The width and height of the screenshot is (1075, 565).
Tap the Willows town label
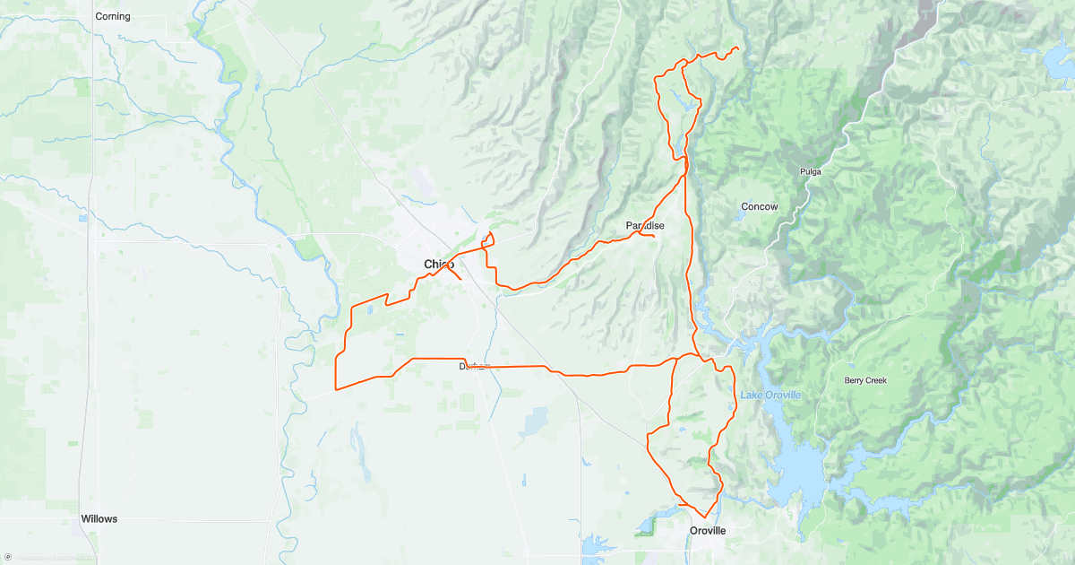point(99,518)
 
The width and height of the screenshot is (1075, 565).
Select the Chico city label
point(438,264)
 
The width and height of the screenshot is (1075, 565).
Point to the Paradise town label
point(644,225)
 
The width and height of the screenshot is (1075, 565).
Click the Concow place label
point(759,206)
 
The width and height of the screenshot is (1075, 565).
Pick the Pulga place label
point(810,170)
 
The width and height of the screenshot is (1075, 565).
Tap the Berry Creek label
point(864,380)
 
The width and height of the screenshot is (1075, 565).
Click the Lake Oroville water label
point(770,395)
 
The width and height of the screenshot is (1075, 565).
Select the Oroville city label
point(707,531)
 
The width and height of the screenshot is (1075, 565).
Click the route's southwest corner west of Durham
point(336,389)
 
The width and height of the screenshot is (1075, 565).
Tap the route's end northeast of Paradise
point(737,48)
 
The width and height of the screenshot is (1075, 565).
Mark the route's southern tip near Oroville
point(704,517)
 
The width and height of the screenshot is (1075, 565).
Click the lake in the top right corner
point(1058,63)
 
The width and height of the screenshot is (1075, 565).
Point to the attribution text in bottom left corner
point(49,558)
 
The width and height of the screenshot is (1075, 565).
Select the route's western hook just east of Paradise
point(649,235)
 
